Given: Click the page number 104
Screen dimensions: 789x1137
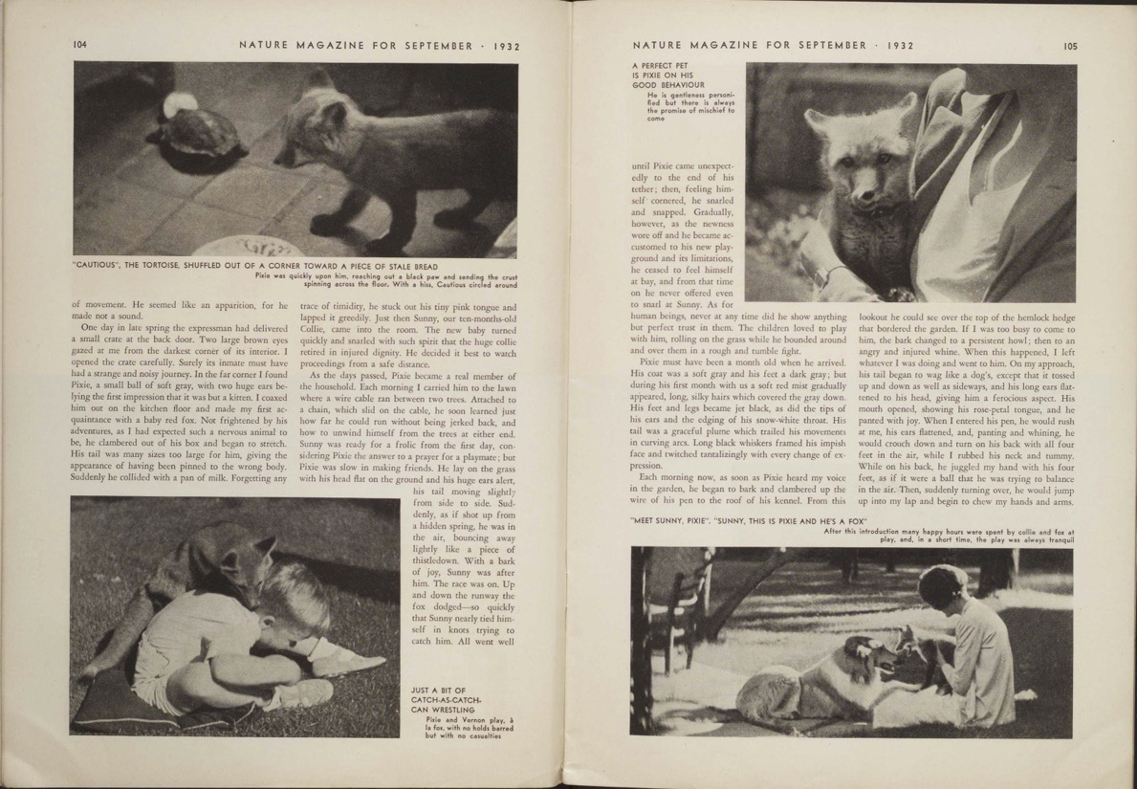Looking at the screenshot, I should pyautogui.click(x=78, y=44).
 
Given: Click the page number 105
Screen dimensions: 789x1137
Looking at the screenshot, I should pyautogui.click(x=1069, y=44).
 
